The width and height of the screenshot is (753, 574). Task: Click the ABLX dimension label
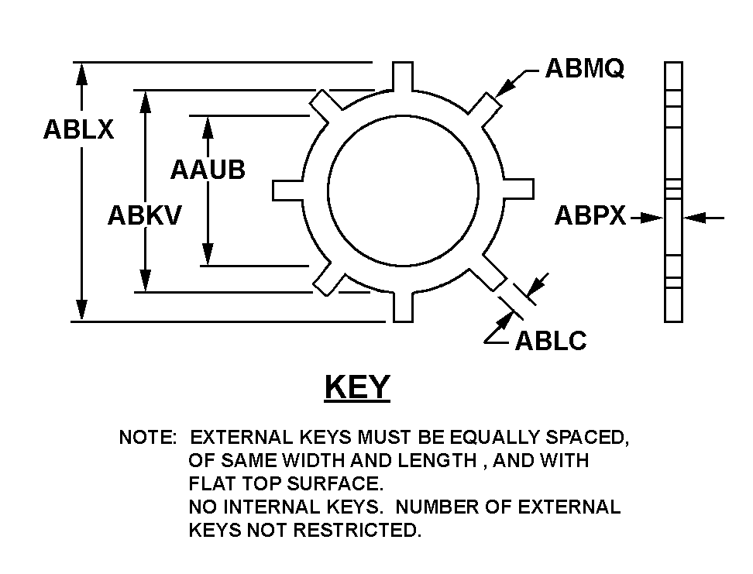[x=79, y=129]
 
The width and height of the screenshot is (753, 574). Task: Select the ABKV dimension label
[x=145, y=215]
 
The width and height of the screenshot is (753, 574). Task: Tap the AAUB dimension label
[x=208, y=170]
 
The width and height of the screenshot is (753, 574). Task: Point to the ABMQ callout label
[x=584, y=67]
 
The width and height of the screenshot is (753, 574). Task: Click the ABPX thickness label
[x=590, y=215]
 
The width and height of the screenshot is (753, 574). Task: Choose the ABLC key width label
[x=551, y=341]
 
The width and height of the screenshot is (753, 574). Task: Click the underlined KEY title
[x=357, y=387]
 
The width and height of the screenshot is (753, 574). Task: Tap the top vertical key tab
[x=402, y=76]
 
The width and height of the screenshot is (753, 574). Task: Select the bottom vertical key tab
[x=403, y=307]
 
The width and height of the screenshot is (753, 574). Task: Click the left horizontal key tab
[x=288, y=191]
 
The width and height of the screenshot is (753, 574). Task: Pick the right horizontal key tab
[x=517, y=189]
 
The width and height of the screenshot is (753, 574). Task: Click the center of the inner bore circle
[x=403, y=191]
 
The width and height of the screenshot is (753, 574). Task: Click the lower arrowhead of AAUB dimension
[x=208, y=253]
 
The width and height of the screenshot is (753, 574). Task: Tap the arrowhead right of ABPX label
[x=652, y=218]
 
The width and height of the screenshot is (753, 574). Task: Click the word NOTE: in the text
[x=148, y=438]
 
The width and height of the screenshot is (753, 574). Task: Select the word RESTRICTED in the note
[x=357, y=531]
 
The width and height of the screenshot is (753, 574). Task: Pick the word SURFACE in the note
[x=335, y=483]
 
